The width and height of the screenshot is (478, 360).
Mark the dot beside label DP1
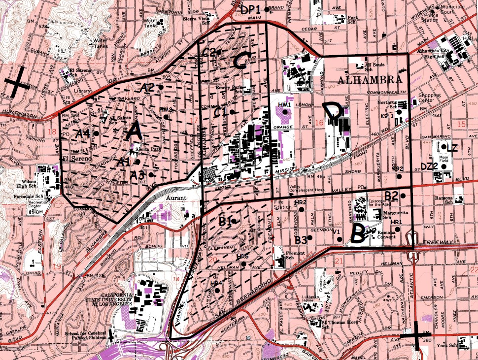click(267, 9)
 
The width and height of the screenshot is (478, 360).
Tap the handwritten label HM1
click(284, 105)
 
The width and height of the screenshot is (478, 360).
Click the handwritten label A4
click(83, 133)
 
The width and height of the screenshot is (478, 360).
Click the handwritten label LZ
click(452, 147)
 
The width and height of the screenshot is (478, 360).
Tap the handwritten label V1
click(338, 232)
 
